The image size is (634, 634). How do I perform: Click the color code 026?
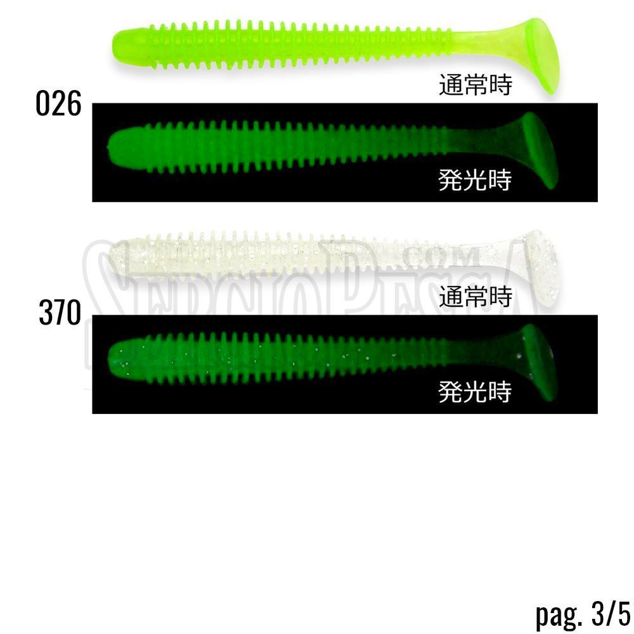click(x=58, y=103)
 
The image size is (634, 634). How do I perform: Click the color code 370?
click(x=60, y=313)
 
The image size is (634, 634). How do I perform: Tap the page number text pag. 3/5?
click(x=583, y=614)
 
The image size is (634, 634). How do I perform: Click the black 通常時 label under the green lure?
click(x=475, y=85)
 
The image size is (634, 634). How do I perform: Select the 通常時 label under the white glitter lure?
click(x=475, y=296)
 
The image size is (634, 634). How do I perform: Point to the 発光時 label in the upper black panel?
click(x=475, y=180)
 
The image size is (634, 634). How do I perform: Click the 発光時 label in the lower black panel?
click(x=475, y=391)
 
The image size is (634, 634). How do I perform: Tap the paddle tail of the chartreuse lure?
click(x=542, y=55)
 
